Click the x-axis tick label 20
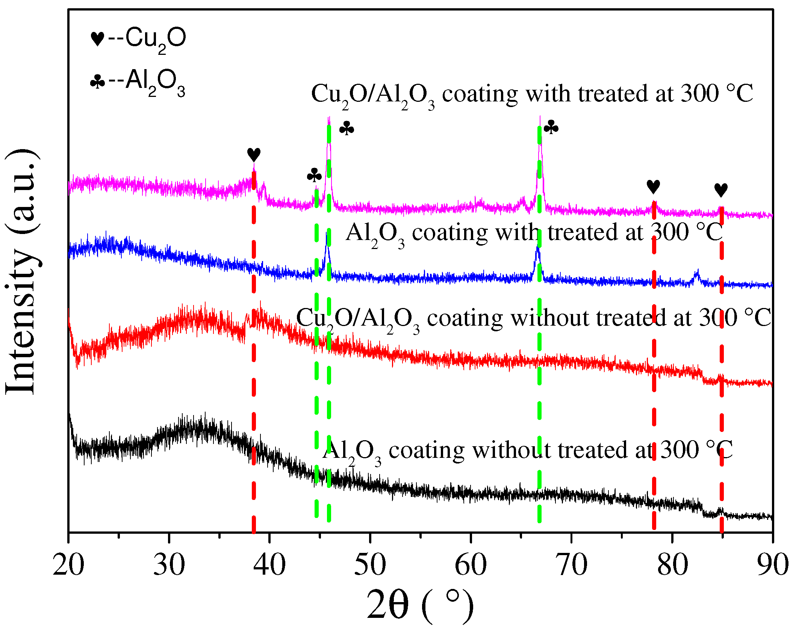pos(68,565)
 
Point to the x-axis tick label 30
pos(169,565)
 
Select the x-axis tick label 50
pos(370,565)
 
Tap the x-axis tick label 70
pos(571,565)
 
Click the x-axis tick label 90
pos(772,565)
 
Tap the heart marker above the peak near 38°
pos(254,154)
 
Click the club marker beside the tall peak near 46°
pos(347,128)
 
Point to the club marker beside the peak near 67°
pos(551,128)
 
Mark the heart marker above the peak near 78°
pos(653,186)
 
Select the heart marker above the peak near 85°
pos(721,190)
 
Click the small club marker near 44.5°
pos(314,175)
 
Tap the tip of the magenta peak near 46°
pos(329,118)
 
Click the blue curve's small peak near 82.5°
pos(698,271)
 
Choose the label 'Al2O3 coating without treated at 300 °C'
pos(528,451)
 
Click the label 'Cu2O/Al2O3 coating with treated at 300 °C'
pos(532,94)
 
